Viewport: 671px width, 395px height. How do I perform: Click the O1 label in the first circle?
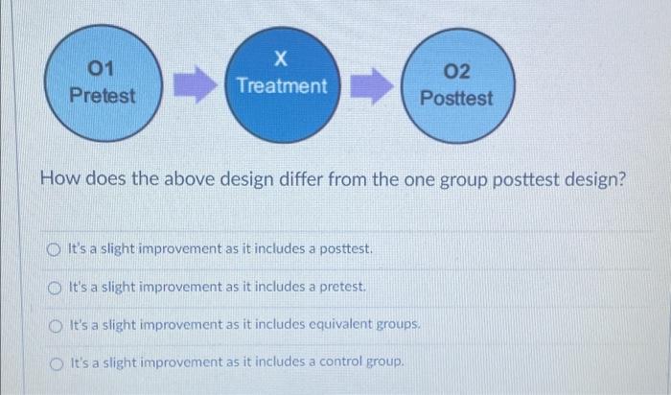[100, 69]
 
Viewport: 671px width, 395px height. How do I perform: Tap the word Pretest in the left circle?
[103, 96]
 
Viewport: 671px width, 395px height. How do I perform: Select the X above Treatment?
[280, 59]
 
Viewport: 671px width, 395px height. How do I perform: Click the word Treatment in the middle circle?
[281, 85]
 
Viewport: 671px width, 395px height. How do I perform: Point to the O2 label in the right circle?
[458, 71]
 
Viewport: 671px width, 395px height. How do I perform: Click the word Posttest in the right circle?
[457, 98]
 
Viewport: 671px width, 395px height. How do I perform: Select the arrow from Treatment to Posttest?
[372, 84]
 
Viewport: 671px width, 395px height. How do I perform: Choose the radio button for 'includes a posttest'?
[55, 251]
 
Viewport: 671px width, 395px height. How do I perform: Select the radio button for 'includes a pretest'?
[55, 288]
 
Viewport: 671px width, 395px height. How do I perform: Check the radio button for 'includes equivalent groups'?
[55, 324]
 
